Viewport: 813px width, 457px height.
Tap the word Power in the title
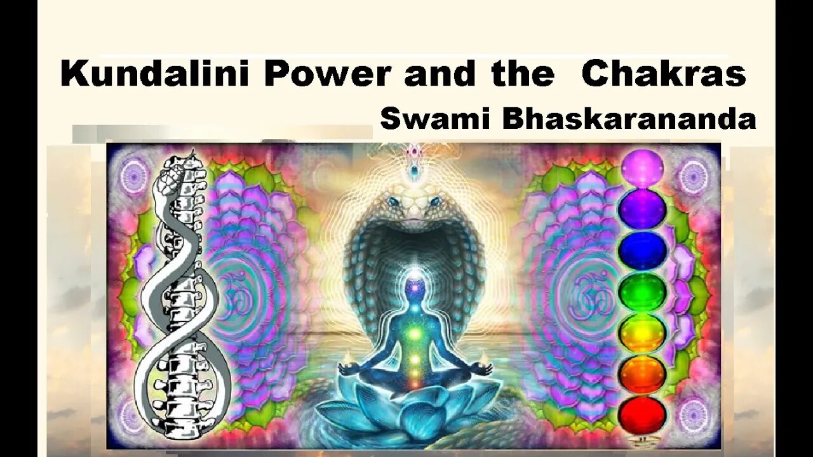click(327, 75)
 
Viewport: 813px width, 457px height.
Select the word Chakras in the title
click(663, 75)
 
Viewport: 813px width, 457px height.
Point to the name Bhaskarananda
click(629, 119)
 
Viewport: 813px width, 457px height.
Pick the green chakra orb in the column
click(642, 291)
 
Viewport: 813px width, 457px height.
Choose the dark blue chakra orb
click(642, 250)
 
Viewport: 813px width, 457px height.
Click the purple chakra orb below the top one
click(642, 209)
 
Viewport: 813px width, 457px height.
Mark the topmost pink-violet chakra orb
click(642, 168)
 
